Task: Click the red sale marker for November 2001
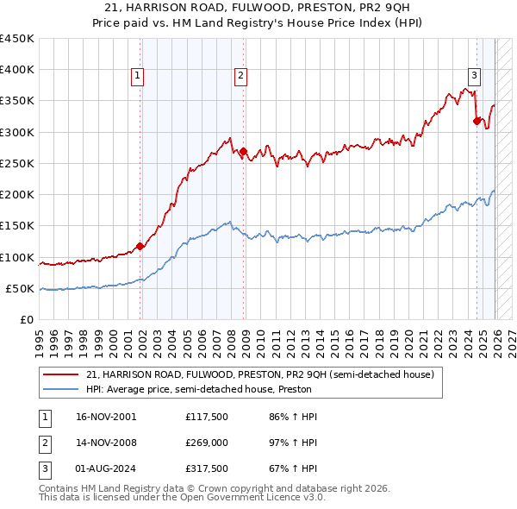pyautogui.click(x=140, y=246)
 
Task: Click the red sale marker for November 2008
pyautogui.click(x=243, y=152)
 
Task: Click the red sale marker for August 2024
pyautogui.click(x=477, y=122)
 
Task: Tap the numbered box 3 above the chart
pyautogui.click(x=474, y=74)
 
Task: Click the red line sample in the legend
pyautogui.click(x=60, y=375)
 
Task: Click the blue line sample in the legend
pyautogui.click(x=60, y=390)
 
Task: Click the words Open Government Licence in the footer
pyautogui.click(x=253, y=498)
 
